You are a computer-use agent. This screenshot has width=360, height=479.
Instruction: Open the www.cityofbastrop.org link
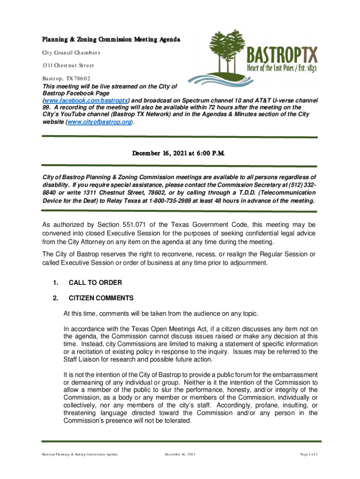(100, 122)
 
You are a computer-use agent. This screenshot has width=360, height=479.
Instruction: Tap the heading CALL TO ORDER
(95, 283)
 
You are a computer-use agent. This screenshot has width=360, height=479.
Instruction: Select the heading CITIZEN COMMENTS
(101, 298)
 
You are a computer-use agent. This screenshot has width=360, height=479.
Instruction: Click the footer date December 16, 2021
(180, 455)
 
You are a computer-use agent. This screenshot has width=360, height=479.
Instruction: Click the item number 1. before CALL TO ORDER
(56, 283)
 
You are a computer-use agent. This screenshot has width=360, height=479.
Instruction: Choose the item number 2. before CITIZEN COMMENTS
(56, 298)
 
